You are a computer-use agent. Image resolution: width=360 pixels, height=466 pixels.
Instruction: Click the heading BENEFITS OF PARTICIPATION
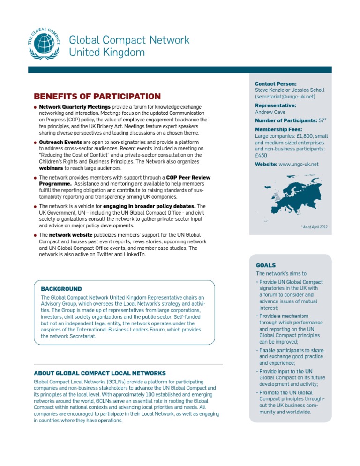pos(97,97)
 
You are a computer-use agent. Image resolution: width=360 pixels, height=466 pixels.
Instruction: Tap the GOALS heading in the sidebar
pos(266,265)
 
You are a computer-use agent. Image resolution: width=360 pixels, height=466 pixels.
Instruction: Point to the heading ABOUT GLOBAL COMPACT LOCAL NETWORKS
pos(100,373)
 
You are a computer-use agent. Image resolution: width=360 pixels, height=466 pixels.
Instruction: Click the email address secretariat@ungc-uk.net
pos(285,97)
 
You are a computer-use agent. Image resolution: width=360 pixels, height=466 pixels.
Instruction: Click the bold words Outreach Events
pos(58,142)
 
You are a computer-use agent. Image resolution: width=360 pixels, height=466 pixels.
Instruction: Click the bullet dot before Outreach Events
pos(35,142)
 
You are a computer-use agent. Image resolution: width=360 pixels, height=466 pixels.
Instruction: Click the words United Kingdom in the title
pos(107,52)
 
